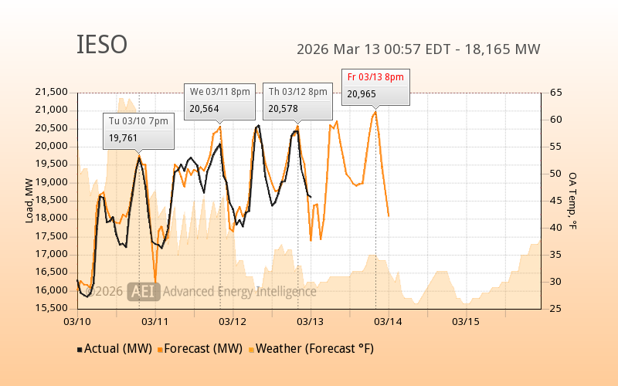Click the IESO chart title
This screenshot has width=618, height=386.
[x=102, y=45]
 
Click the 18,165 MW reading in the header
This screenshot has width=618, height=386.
[x=506, y=49]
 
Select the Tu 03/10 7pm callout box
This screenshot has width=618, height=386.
[x=138, y=130]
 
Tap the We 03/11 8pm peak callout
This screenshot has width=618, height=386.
[x=220, y=100]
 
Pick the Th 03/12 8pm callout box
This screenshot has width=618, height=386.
[x=297, y=100]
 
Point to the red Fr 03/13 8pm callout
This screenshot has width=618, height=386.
[x=375, y=86]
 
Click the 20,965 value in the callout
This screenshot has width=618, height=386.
[x=362, y=94]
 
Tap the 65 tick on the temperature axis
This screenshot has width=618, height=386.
[x=555, y=92]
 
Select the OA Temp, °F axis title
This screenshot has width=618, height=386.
[x=572, y=201]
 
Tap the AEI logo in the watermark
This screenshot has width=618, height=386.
[x=143, y=291]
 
